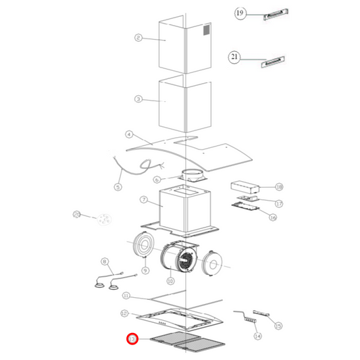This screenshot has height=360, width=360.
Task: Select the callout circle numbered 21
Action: pyautogui.click(x=235, y=58)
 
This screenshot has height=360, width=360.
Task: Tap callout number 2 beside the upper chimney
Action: pyautogui.click(x=138, y=38)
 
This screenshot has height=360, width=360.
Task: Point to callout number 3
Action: pyautogui.click(x=138, y=99)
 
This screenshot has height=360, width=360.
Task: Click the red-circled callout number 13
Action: pyautogui.click(x=132, y=339)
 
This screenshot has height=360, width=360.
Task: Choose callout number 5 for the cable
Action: pyautogui.click(x=118, y=187)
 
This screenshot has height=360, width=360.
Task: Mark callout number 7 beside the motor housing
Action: pyautogui.click(x=143, y=200)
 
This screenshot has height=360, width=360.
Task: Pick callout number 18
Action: pyautogui.click(x=279, y=187)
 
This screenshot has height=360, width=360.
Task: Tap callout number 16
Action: pyautogui.click(x=273, y=217)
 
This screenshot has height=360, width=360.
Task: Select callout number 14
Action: pyautogui.click(x=257, y=336)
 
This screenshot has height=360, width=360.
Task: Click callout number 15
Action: pyautogui.click(x=278, y=326)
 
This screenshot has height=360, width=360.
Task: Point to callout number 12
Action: pyautogui.click(x=124, y=313)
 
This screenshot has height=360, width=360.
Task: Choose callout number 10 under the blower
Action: pyautogui.click(x=170, y=280)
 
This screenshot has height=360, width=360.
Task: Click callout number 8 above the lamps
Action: pyautogui.click(x=104, y=261)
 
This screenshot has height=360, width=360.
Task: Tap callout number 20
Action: pyautogui.click(x=77, y=215)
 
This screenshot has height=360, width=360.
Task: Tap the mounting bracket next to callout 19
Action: pyautogui.click(x=276, y=16)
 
